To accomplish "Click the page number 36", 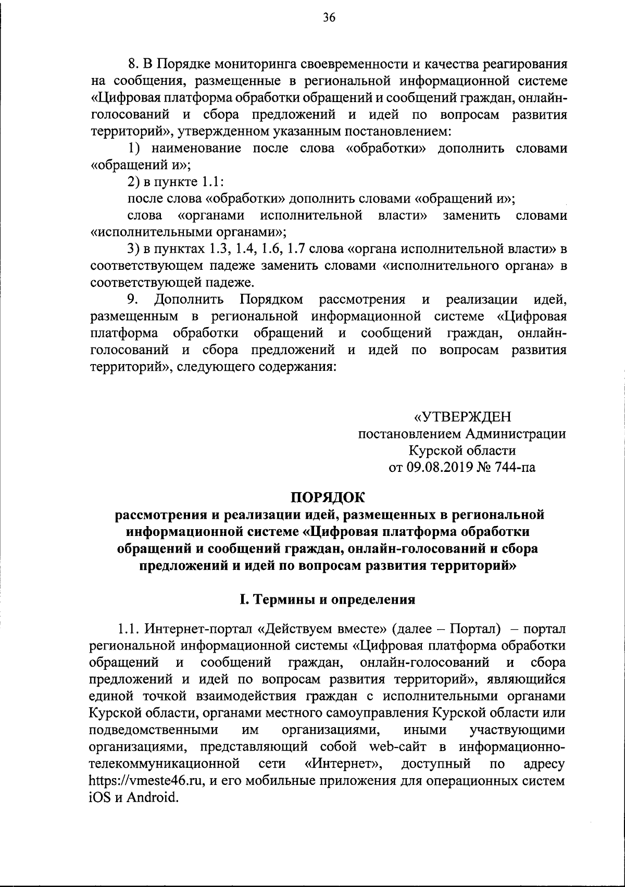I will tap(329, 18).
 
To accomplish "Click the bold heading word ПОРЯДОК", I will tap(329, 497).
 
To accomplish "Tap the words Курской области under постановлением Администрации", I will tap(462, 450).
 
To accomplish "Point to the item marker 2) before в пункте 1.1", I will tap(133, 182).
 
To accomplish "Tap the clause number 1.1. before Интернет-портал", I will tap(128, 629).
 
